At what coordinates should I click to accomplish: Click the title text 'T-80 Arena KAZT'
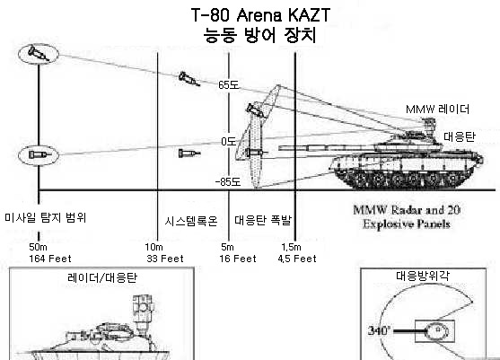[x=260, y=14]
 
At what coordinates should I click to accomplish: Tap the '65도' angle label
[x=229, y=84]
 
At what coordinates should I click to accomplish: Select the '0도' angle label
[x=228, y=141]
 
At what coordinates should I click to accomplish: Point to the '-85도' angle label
[x=228, y=181]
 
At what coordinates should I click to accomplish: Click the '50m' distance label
[x=38, y=247]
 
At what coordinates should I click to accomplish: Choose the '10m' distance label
[x=154, y=247]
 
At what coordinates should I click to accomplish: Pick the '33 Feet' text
[x=165, y=259]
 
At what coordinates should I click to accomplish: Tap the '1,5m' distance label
[x=291, y=247]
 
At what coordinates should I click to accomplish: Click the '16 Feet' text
[x=238, y=259]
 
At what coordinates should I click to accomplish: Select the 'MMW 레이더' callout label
[x=437, y=110]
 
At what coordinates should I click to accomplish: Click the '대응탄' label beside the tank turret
[x=460, y=136]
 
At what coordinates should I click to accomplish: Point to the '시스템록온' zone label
[x=191, y=221]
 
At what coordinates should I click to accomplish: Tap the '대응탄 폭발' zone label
[x=263, y=220]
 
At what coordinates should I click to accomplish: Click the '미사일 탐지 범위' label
[x=45, y=217]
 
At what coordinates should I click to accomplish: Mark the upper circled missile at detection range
[x=39, y=54]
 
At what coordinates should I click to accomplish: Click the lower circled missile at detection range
[x=39, y=155]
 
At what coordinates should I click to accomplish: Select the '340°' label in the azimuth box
[x=379, y=330]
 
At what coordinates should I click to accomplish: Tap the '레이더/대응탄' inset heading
[x=102, y=277]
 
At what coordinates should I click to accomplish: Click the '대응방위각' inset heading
[x=423, y=276]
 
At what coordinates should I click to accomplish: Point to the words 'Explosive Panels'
[x=407, y=224]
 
